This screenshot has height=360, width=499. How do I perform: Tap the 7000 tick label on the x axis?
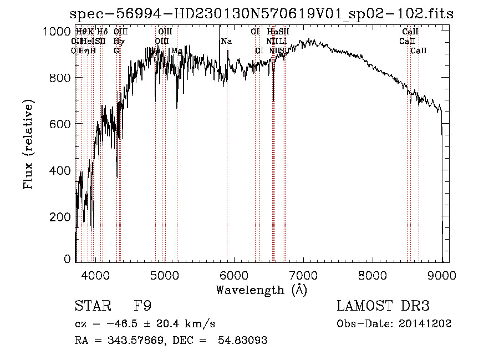(303, 275)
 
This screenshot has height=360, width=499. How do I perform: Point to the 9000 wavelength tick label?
(441, 275)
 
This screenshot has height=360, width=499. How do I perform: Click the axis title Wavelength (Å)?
(261, 290)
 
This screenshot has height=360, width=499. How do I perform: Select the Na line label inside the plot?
(226, 42)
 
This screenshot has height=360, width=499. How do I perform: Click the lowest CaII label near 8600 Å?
(418, 51)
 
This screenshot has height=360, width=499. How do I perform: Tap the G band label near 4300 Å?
(116, 51)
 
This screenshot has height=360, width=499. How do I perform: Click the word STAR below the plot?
(92, 306)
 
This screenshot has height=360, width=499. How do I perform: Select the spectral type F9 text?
(143, 306)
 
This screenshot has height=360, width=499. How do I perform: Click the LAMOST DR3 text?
(383, 306)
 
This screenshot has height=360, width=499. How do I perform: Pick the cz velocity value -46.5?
(125, 324)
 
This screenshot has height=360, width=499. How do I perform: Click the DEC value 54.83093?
(244, 341)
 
